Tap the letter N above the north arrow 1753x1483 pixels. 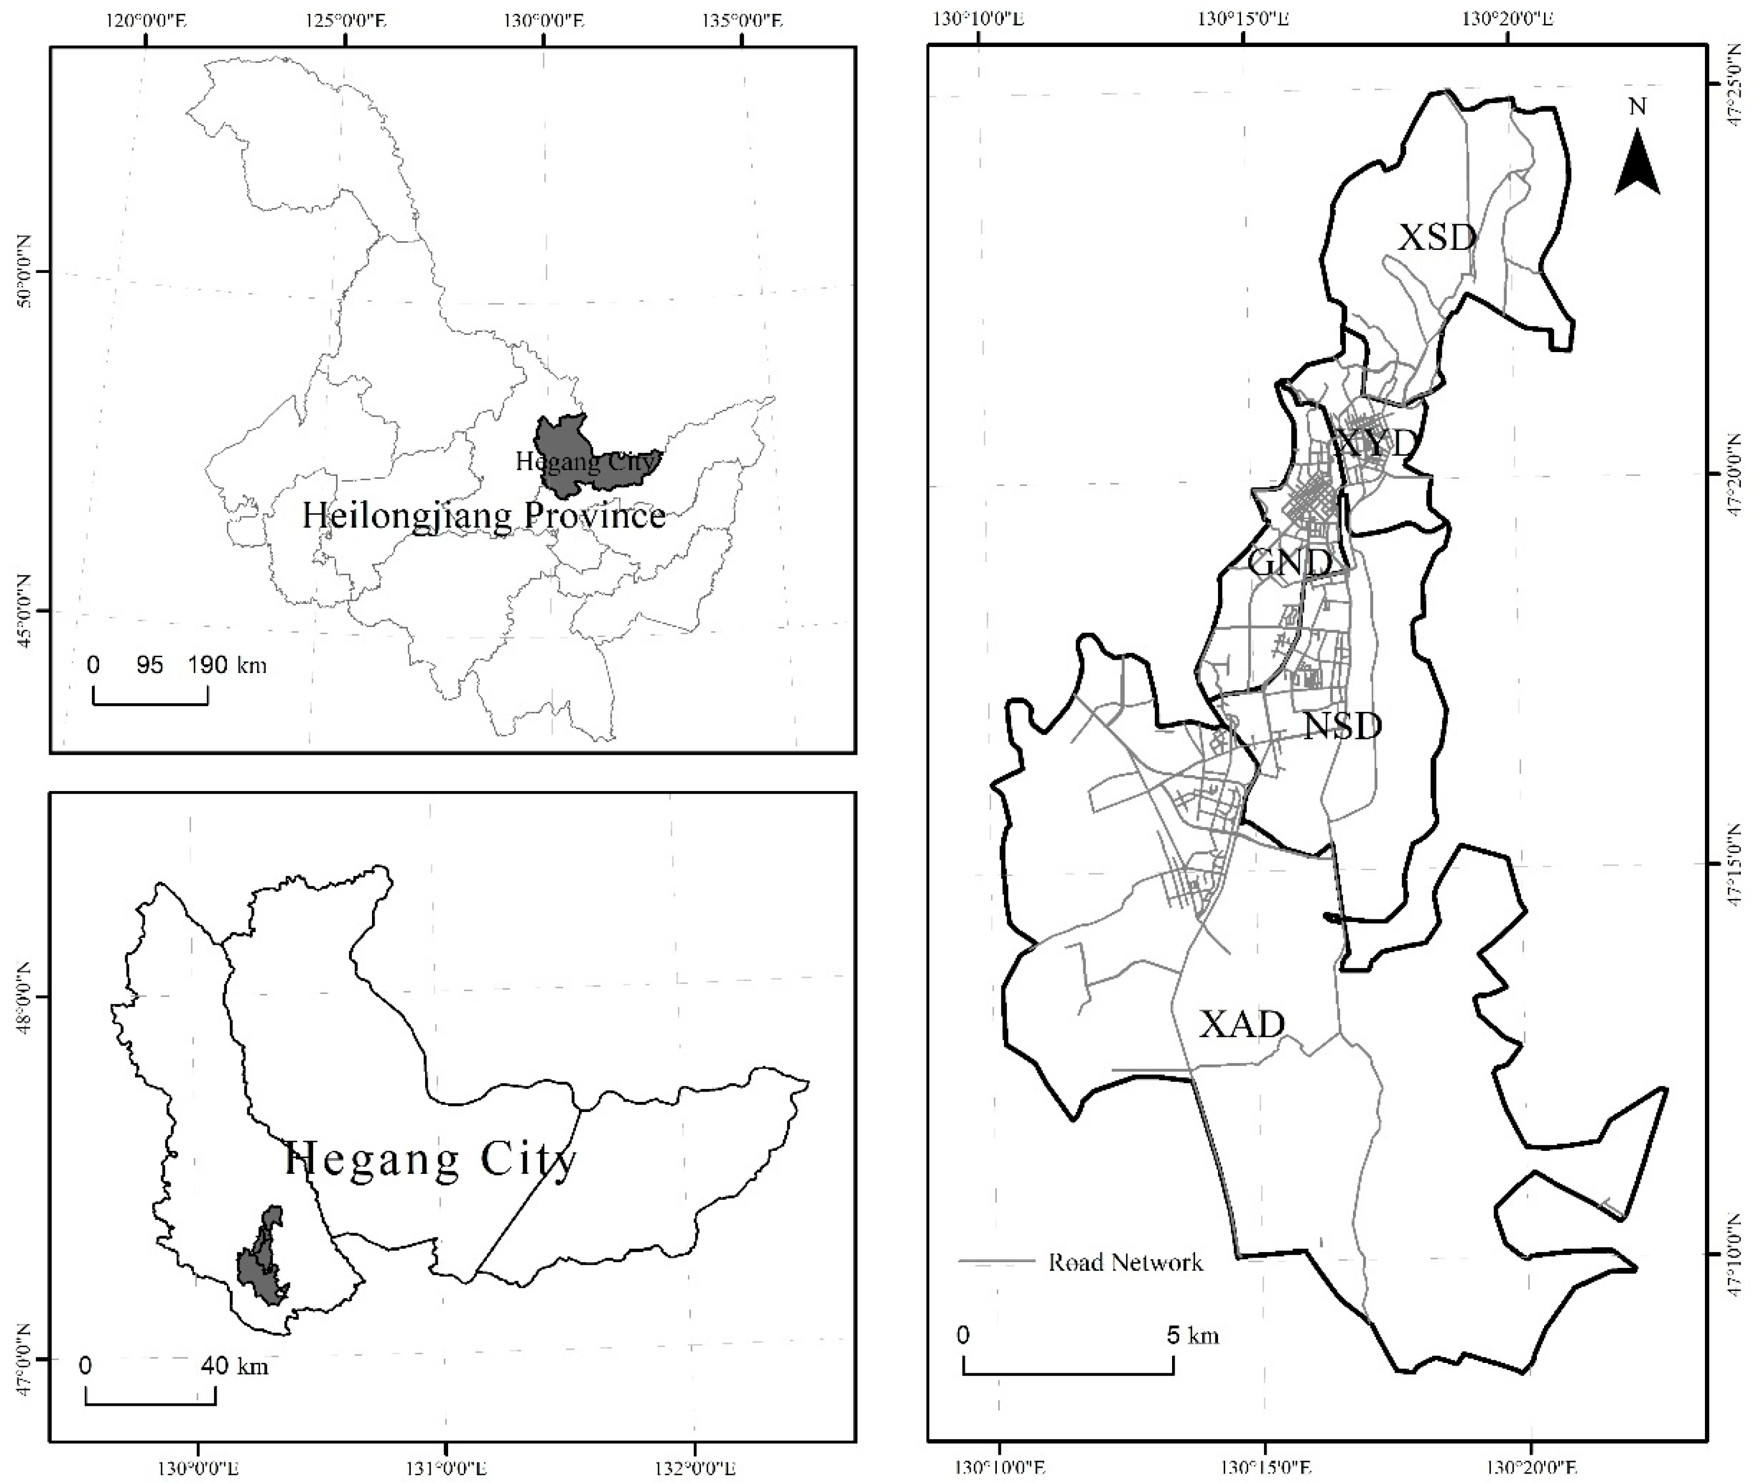point(1637,107)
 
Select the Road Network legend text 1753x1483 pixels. point(1125,1262)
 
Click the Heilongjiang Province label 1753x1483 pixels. point(483,515)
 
